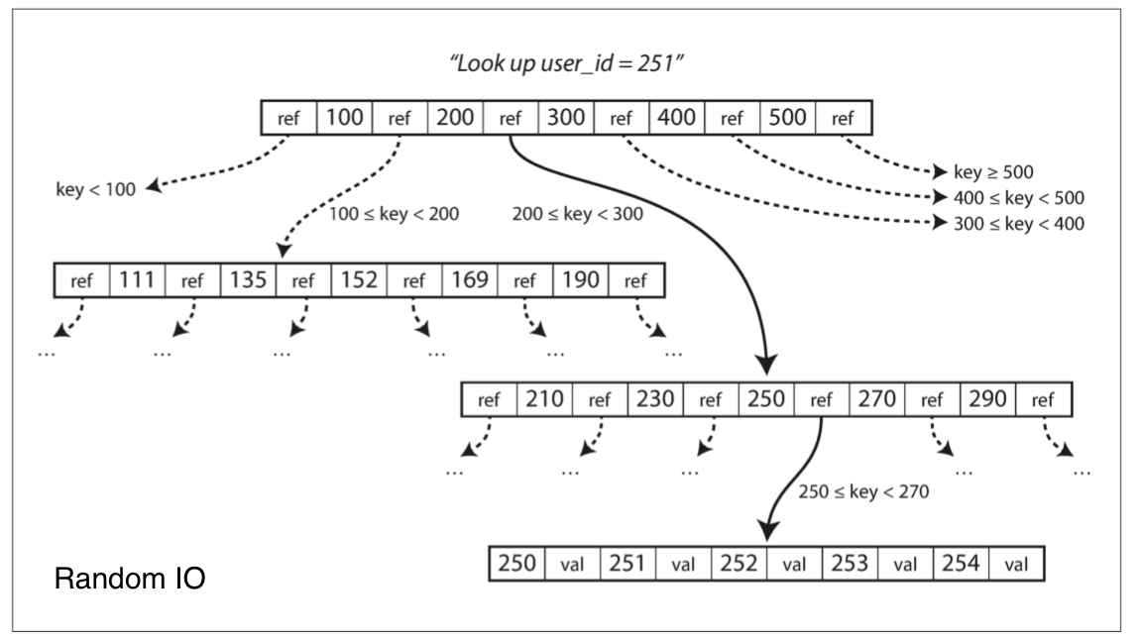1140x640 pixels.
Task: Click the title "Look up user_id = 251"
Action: tap(566, 63)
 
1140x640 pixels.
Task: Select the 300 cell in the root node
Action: tap(566, 118)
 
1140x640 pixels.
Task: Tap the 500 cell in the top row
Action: tap(787, 118)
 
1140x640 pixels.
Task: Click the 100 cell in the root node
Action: tap(345, 118)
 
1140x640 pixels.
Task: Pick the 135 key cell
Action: tap(248, 280)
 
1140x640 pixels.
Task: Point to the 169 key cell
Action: tap(470, 280)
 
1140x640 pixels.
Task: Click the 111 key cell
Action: tap(138, 280)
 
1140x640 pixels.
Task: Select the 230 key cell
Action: tap(655, 399)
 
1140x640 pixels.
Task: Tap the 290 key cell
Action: tap(987, 399)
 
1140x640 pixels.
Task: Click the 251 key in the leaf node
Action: tap(627, 564)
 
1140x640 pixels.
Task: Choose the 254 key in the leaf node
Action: tap(961, 564)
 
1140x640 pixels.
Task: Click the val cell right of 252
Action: tap(794, 564)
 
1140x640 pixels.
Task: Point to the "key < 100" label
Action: tap(96, 189)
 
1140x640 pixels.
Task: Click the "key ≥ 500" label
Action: tap(993, 172)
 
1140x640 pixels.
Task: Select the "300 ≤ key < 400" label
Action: tap(1019, 224)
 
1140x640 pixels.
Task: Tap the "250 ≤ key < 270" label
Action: tap(863, 491)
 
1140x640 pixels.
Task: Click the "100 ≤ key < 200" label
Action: tap(395, 214)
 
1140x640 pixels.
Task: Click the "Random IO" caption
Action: tap(130, 579)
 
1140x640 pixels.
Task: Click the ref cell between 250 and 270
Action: tap(822, 399)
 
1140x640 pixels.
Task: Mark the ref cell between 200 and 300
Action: tap(511, 118)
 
